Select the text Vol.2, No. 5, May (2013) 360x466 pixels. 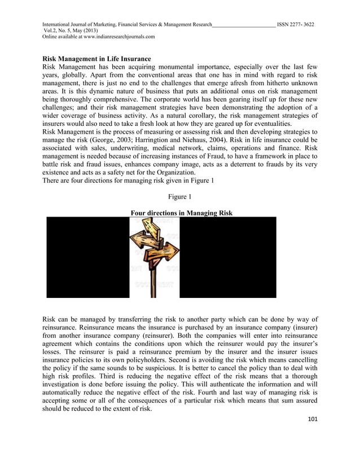coord(71,30)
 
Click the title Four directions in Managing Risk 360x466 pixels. coord(181,213)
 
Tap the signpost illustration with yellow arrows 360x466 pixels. coord(154,257)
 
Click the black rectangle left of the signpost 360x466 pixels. coord(87,257)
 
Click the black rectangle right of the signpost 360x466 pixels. coord(227,257)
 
